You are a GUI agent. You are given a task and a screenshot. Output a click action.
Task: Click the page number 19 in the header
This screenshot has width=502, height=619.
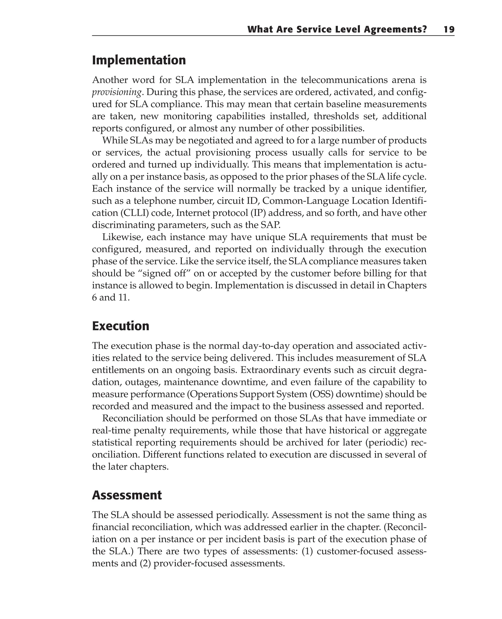point(449,29)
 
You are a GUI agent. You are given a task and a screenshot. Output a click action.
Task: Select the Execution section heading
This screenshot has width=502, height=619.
point(121,326)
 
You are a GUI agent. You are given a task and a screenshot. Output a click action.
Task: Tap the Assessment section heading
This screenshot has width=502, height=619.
point(127,495)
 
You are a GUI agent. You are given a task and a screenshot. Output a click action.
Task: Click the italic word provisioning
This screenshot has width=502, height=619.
point(116,92)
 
